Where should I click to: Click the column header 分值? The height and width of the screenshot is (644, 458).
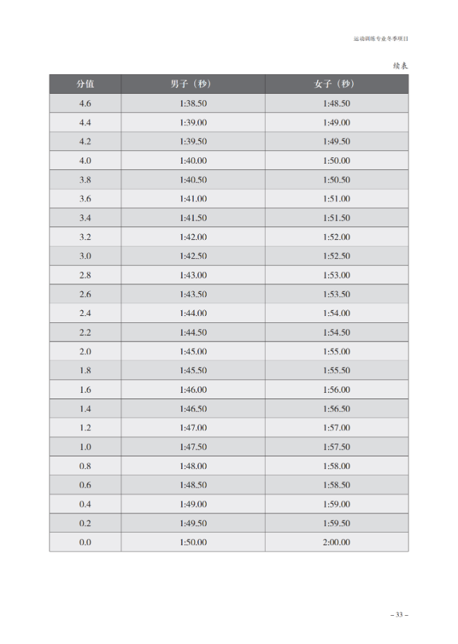(85, 84)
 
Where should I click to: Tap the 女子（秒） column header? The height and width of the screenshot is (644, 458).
(335, 84)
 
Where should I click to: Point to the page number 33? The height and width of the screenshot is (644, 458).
(400, 615)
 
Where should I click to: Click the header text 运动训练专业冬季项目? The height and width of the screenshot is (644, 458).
(380, 39)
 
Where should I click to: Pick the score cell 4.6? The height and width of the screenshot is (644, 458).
(85, 103)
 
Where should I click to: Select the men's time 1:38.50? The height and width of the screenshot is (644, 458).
(192, 103)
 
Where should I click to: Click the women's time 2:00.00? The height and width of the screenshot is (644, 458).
(336, 542)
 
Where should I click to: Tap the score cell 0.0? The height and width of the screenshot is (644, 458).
(85, 542)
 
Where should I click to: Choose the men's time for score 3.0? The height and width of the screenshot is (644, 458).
(192, 256)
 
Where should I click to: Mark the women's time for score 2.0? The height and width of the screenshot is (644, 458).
(336, 351)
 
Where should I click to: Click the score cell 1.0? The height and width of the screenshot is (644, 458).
(85, 447)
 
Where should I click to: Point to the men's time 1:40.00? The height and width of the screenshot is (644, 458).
(192, 161)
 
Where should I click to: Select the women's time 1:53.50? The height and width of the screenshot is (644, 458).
(336, 294)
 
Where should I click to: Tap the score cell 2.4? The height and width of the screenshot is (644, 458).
(85, 313)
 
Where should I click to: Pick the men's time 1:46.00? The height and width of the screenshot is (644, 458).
(192, 389)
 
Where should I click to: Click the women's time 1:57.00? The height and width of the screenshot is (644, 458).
(336, 427)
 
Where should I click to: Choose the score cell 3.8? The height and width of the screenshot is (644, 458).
(85, 180)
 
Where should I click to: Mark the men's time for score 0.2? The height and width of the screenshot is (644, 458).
(192, 523)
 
